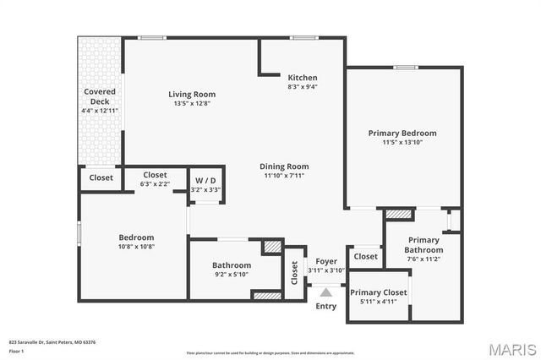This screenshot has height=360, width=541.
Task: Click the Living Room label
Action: [191, 94]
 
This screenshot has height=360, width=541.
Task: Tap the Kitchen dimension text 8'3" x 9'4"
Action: [302, 86]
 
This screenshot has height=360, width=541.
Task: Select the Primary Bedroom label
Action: [402, 133]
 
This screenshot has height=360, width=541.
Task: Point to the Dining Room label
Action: [283, 166]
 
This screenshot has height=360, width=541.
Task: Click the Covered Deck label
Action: [99, 95]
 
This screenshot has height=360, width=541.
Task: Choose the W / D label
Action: [205, 181]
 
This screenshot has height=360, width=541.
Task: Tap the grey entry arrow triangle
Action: [325, 292]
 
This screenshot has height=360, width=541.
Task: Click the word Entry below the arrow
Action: [325, 306]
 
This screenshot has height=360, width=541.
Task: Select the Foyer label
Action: [325, 261]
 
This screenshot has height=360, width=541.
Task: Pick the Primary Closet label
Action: [378, 292]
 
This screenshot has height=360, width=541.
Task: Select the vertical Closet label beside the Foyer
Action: [294, 272]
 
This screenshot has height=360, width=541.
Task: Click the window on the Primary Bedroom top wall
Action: [406, 67]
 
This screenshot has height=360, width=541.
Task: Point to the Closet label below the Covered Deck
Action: [101, 177]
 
